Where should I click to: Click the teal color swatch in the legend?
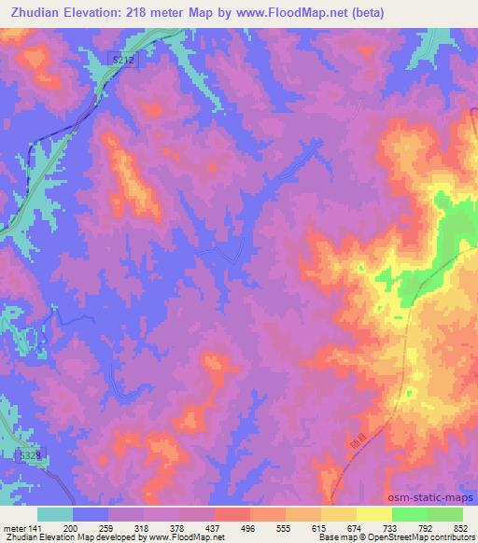pyautogui.click(x=55, y=514)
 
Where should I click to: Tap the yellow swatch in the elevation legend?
pyautogui.click(x=374, y=514)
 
